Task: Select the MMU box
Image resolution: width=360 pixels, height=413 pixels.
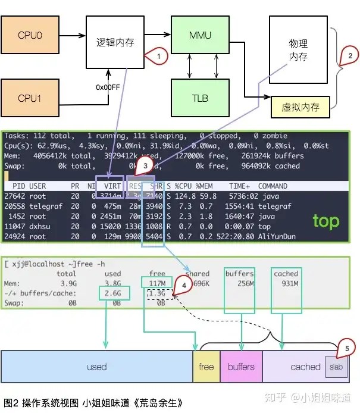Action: (x=200, y=36)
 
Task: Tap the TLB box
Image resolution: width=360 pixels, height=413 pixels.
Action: (x=200, y=98)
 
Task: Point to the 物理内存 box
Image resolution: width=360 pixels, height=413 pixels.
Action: (x=298, y=50)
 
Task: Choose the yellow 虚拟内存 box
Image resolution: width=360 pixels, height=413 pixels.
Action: (x=300, y=107)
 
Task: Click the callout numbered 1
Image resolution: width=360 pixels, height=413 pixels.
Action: (x=157, y=57)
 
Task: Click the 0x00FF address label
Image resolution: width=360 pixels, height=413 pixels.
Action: (x=108, y=87)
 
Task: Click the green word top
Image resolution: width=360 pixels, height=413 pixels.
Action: (x=326, y=221)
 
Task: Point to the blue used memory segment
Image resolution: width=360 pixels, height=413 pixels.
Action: (x=96, y=367)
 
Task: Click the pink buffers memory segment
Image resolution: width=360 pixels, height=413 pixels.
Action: (x=241, y=367)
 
